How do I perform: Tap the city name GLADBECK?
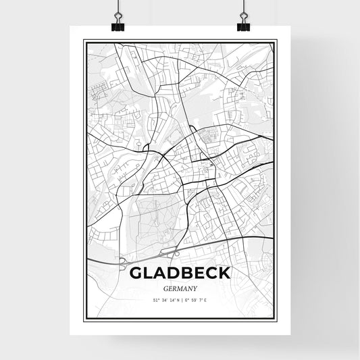tap(179, 273)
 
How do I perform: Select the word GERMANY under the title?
tap(180, 288)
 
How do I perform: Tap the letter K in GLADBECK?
tap(224, 273)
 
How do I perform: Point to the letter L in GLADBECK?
tap(147, 273)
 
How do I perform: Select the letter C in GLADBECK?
tap(210, 273)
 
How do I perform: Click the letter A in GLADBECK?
tap(158, 273)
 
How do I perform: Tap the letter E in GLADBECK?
tap(197, 273)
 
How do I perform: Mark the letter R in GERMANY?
tap(173, 288)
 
